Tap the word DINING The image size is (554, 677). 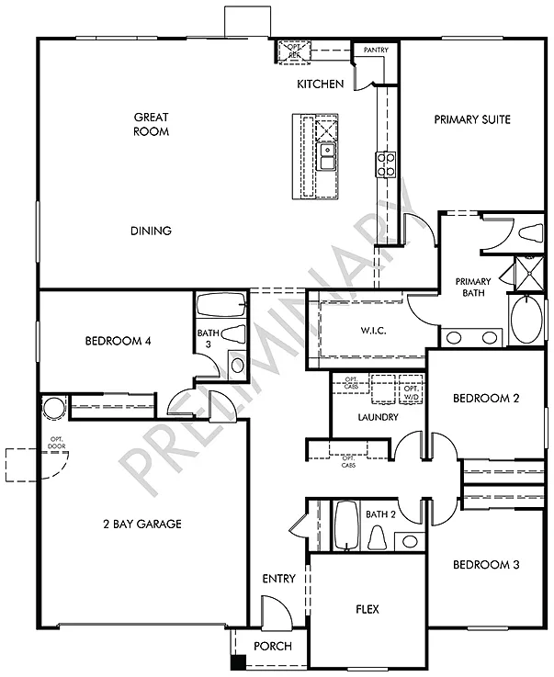(x=151, y=231)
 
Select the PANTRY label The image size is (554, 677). (x=376, y=50)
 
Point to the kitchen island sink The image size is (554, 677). (x=326, y=156)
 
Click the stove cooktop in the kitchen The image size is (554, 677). (x=385, y=164)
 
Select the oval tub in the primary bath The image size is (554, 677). (x=526, y=319)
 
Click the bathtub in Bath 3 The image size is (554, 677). (x=220, y=305)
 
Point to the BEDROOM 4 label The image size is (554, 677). (x=118, y=342)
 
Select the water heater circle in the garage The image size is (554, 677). (x=53, y=407)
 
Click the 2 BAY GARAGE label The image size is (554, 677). (x=141, y=525)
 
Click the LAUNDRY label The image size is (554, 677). (x=378, y=417)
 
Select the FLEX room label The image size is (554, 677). (x=367, y=609)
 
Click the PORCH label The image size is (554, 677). (x=271, y=647)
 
